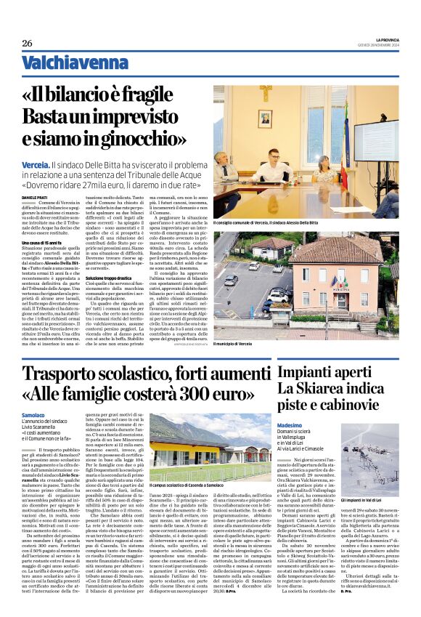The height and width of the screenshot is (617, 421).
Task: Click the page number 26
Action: (x=28, y=44)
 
